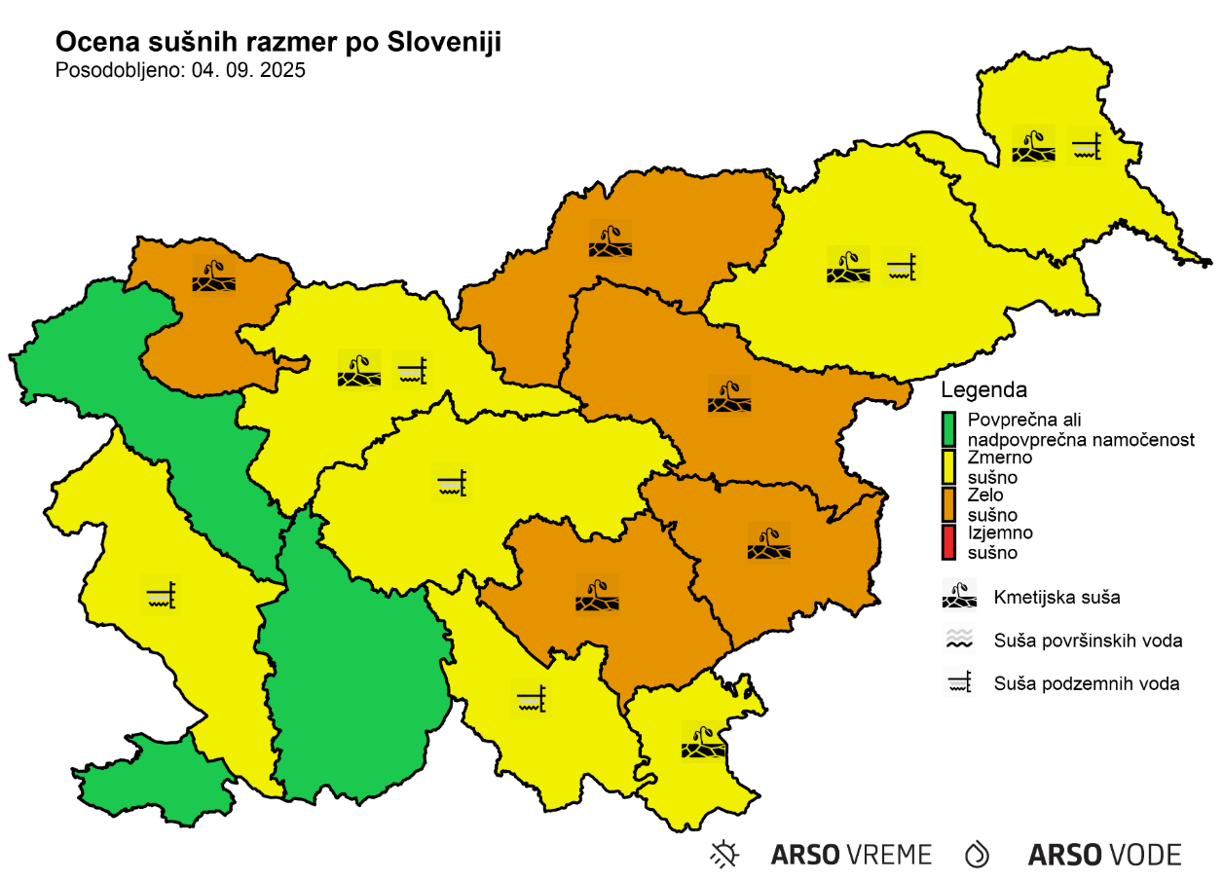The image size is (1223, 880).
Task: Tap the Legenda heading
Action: click(983, 390)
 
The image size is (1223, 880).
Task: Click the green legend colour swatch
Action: click(949, 429)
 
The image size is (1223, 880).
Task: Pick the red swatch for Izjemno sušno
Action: click(949, 542)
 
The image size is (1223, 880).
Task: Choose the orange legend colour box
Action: click(949, 504)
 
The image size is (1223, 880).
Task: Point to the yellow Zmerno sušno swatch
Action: click(949, 466)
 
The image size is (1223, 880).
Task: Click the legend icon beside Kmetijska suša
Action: click(959, 596)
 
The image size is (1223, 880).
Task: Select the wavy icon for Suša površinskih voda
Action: click(959, 640)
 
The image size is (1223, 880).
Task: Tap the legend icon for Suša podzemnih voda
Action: click(959, 683)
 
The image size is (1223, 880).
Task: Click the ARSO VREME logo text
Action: click(851, 855)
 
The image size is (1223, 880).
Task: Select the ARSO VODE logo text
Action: click(1104, 855)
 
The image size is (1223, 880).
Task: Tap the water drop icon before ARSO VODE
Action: click(977, 855)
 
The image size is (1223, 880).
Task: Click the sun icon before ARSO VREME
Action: click(724, 855)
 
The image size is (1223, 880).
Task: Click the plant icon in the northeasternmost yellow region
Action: click(1033, 145)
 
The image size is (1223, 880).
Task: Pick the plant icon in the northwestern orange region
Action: click(214, 275)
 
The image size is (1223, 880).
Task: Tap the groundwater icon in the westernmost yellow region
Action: click(162, 593)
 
